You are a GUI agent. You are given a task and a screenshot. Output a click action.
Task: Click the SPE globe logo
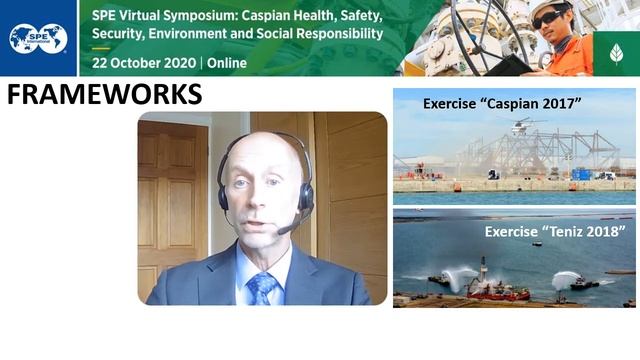pos(38,38)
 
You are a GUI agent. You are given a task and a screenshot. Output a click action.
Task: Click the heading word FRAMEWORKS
pos(104,95)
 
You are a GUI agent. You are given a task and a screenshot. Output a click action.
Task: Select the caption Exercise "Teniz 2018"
pos(555,231)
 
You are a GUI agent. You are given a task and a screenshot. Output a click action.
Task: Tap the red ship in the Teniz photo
pos(496,292)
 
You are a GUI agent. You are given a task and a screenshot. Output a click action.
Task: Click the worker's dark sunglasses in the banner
pos(547,19)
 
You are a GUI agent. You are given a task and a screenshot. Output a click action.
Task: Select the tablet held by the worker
pos(512,64)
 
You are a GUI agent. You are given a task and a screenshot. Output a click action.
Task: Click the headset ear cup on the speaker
pos(305,194)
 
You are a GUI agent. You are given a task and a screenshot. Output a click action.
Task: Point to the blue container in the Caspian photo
pos(581,174)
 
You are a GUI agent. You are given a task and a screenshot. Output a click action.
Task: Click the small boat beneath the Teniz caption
pos(536,244)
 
